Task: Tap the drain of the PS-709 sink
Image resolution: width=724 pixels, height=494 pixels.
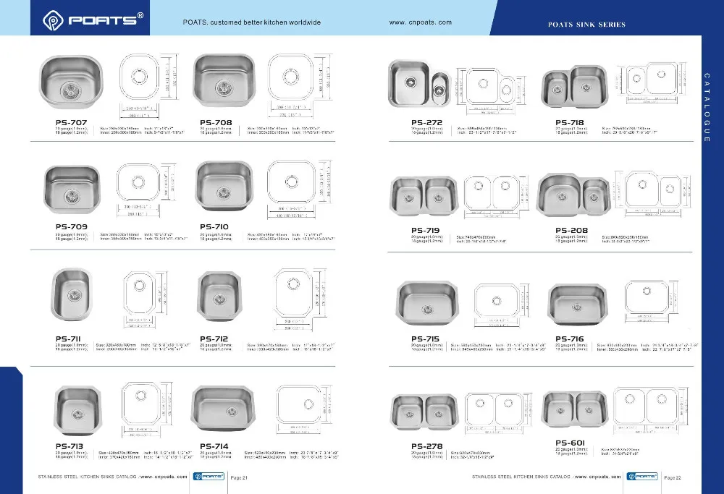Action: [x=71, y=194]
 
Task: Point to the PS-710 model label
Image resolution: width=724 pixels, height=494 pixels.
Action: [x=215, y=226]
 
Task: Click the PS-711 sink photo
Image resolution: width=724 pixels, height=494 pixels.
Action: [x=74, y=295]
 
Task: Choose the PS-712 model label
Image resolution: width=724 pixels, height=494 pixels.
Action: [x=215, y=338]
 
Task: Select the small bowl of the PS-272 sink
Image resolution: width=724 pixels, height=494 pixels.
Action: [x=439, y=89]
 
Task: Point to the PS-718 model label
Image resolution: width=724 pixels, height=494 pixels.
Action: [x=570, y=122]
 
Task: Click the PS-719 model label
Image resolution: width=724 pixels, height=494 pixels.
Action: [x=426, y=231]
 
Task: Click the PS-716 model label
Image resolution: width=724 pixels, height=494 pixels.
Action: [x=570, y=338]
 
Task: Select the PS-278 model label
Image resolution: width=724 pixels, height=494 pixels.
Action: [x=426, y=446]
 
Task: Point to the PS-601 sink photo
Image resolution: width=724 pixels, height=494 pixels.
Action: [x=574, y=409]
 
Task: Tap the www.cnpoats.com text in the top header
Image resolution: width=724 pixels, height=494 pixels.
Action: [x=420, y=22]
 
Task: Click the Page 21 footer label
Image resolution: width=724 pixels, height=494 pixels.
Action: [x=239, y=477]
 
